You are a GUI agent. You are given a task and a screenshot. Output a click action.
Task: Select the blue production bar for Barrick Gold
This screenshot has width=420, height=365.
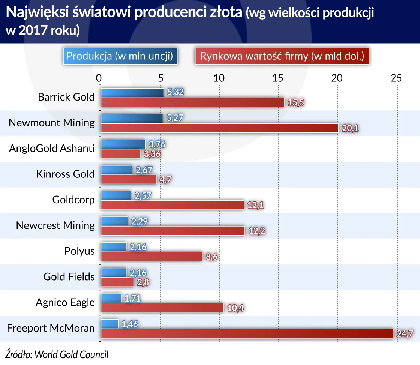(x=132, y=93)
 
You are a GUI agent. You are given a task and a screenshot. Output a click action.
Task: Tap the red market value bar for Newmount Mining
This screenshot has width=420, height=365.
(x=220, y=128)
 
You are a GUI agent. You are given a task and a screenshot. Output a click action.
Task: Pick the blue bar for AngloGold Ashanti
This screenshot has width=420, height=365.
(x=123, y=144)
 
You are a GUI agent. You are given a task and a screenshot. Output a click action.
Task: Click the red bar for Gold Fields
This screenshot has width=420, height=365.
(x=117, y=282)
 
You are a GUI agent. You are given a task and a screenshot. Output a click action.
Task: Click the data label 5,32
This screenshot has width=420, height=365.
(x=175, y=92)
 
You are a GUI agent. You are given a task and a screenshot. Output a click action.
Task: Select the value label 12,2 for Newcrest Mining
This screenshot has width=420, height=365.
(x=257, y=231)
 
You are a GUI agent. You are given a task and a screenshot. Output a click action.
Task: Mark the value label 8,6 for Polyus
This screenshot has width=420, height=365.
(x=211, y=257)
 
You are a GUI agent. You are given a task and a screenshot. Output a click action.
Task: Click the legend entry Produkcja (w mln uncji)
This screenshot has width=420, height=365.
(x=120, y=56)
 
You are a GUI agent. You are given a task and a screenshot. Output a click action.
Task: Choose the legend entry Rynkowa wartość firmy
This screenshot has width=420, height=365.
(x=282, y=56)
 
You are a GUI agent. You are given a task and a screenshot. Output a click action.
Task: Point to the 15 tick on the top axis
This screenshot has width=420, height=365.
(x=278, y=78)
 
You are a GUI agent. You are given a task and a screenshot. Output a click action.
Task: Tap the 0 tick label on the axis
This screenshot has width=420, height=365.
(x=99, y=78)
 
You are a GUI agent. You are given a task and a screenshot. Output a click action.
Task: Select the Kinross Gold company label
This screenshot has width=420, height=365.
(x=65, y=174)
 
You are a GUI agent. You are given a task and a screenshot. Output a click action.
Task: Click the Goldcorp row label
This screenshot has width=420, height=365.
(x=73, y=200)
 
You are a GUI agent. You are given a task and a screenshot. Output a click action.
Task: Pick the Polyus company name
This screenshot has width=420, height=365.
(x=79, y=251)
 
